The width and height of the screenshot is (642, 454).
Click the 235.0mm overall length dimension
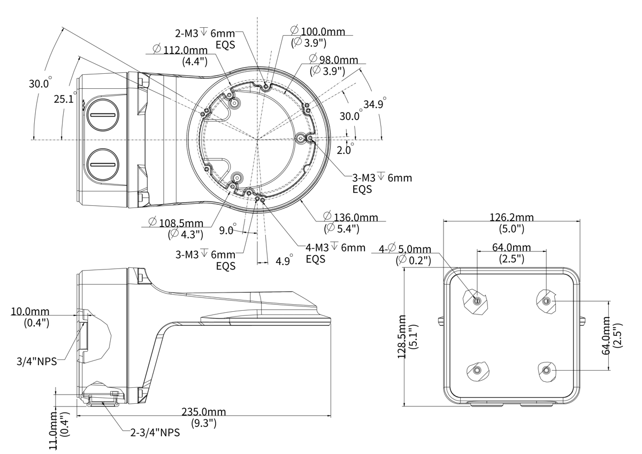click(203, 412)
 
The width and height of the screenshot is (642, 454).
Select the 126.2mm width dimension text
click(511, 217)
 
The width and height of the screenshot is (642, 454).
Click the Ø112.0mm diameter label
click(176, 49)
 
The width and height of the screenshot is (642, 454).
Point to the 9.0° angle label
click(227, 230)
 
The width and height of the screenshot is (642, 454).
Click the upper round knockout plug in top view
click(102, 116)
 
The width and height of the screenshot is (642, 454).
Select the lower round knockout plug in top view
click(102, 164)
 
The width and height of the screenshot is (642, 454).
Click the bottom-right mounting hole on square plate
click(546, 371)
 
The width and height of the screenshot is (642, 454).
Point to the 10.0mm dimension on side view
click(30, 311)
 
